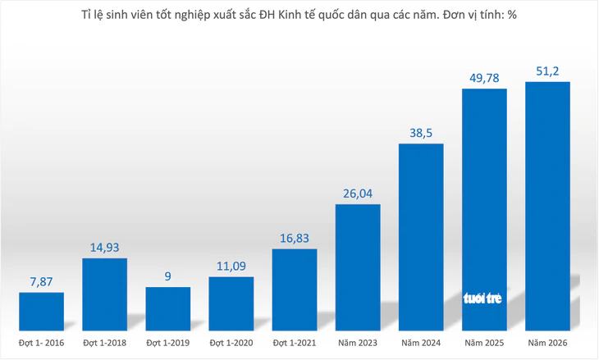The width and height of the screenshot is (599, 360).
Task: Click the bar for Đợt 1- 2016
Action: [x=41, y=312]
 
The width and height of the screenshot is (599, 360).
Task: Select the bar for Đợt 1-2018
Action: [x=105, y=294]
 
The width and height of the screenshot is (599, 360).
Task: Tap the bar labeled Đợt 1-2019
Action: [x=168, y=309]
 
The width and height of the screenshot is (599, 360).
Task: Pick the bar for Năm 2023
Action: [x=358, y=267]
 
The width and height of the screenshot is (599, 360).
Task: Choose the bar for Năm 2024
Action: [x=421, y=237]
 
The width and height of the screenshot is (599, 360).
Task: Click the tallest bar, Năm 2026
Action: [x=548, y=206]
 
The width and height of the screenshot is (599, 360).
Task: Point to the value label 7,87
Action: [x=41, y=282]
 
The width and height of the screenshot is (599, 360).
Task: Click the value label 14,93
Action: [x=105, y=248]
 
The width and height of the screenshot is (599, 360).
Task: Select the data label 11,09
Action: [x=231, y=266]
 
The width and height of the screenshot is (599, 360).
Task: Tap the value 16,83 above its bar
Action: [x=295, y=238]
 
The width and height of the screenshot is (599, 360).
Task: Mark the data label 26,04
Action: [x=358, y=194]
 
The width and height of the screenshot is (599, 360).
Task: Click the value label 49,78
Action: [x=484, y=78]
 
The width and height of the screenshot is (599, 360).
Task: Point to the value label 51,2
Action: [x=547, y=71]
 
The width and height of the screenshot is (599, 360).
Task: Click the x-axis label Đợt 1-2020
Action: [x=231, y=343]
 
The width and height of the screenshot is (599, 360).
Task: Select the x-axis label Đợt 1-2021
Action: [x=295, y=343]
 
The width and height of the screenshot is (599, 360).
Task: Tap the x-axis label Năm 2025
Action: [x=484, y=343]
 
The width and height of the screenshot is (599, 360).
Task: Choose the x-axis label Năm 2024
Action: [x=421, y=343]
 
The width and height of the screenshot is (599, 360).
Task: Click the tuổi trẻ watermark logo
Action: [x=482, y=298]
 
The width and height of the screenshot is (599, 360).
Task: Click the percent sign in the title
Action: [x=512, y=15]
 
